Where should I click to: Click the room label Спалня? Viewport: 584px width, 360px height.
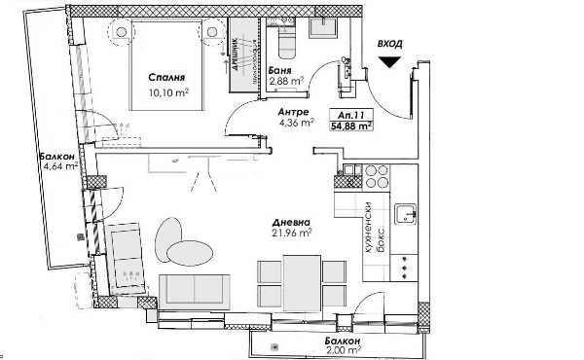[x=166, y=79]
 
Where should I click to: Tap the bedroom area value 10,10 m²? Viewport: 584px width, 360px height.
[x=167, y=93]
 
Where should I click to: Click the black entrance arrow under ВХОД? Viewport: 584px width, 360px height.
[x=390, y=63]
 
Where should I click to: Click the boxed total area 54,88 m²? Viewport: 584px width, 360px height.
[x=357, y=126]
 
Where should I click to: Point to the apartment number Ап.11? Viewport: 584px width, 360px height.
[x=357, y=114]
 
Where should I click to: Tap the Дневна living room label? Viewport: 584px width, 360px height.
[x=290, y=220]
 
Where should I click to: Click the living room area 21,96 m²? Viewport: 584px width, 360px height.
[x=291, y=233]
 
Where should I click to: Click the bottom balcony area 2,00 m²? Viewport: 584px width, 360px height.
[x=344, y=352]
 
